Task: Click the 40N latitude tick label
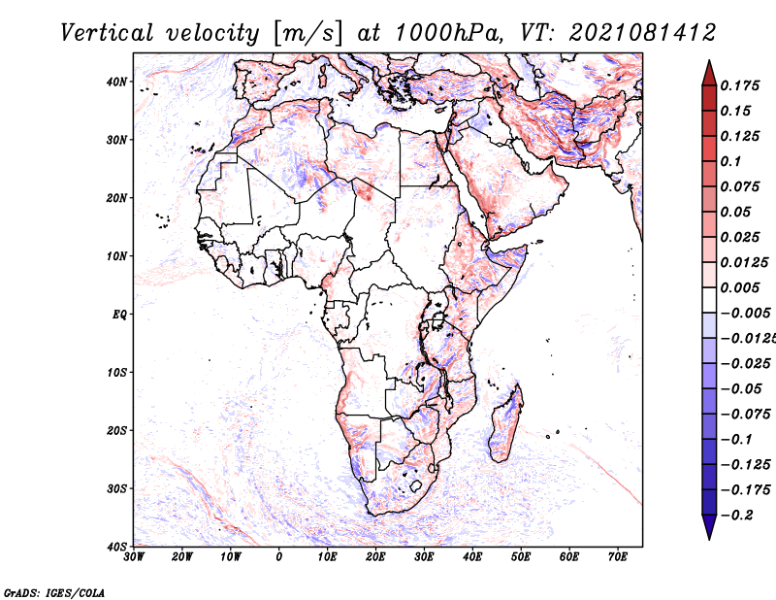pyautogui.click(x=116, y=82)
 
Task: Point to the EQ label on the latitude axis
pyautogui.click(x=119, y=315)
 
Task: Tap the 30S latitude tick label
pyautogui.click(x=116, y=489)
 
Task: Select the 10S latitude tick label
pyautogui.click(x=116, y=373)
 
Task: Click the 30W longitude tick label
pyautogui.click(x=134, y=557)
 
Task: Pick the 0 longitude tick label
pyautogui.click(x=279, y=557)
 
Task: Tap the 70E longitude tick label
pyautogui.click(x=618, y=557)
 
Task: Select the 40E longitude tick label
pyautogui.click(x=472, y=557)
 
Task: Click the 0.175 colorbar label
pyautogui.click(x=740, y=85)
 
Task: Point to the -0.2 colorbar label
pyautogui.click(x=737, y=516)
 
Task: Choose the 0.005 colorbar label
pyautogui.click(x=740, y=287)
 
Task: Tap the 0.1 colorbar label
pyautogui.click(x=731, y=161)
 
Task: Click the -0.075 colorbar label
pyautogui.click(x=746, y=415)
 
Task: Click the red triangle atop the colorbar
pyautogui.click(x=709, y=74)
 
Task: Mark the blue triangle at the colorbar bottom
pyautogui.click(x=709, y=527)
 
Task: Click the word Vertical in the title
pyautogui.click(x=107, y=33)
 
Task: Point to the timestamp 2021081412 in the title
pyautogui.click(x=642, y=33)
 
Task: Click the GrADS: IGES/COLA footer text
pyautogui.click(x=54, y=593)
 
